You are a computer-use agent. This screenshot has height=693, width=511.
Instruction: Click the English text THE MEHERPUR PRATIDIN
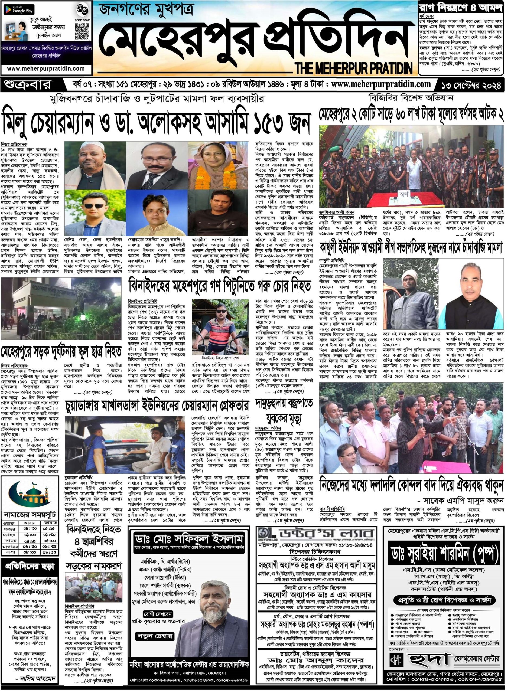(354, 67)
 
